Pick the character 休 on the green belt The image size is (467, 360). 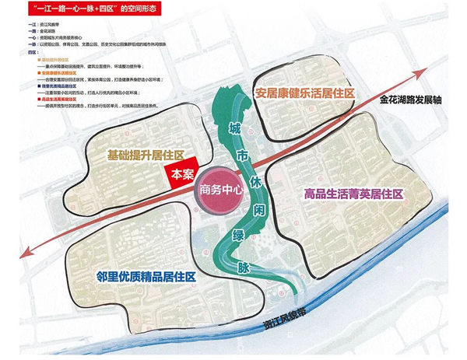click(252, 187)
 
